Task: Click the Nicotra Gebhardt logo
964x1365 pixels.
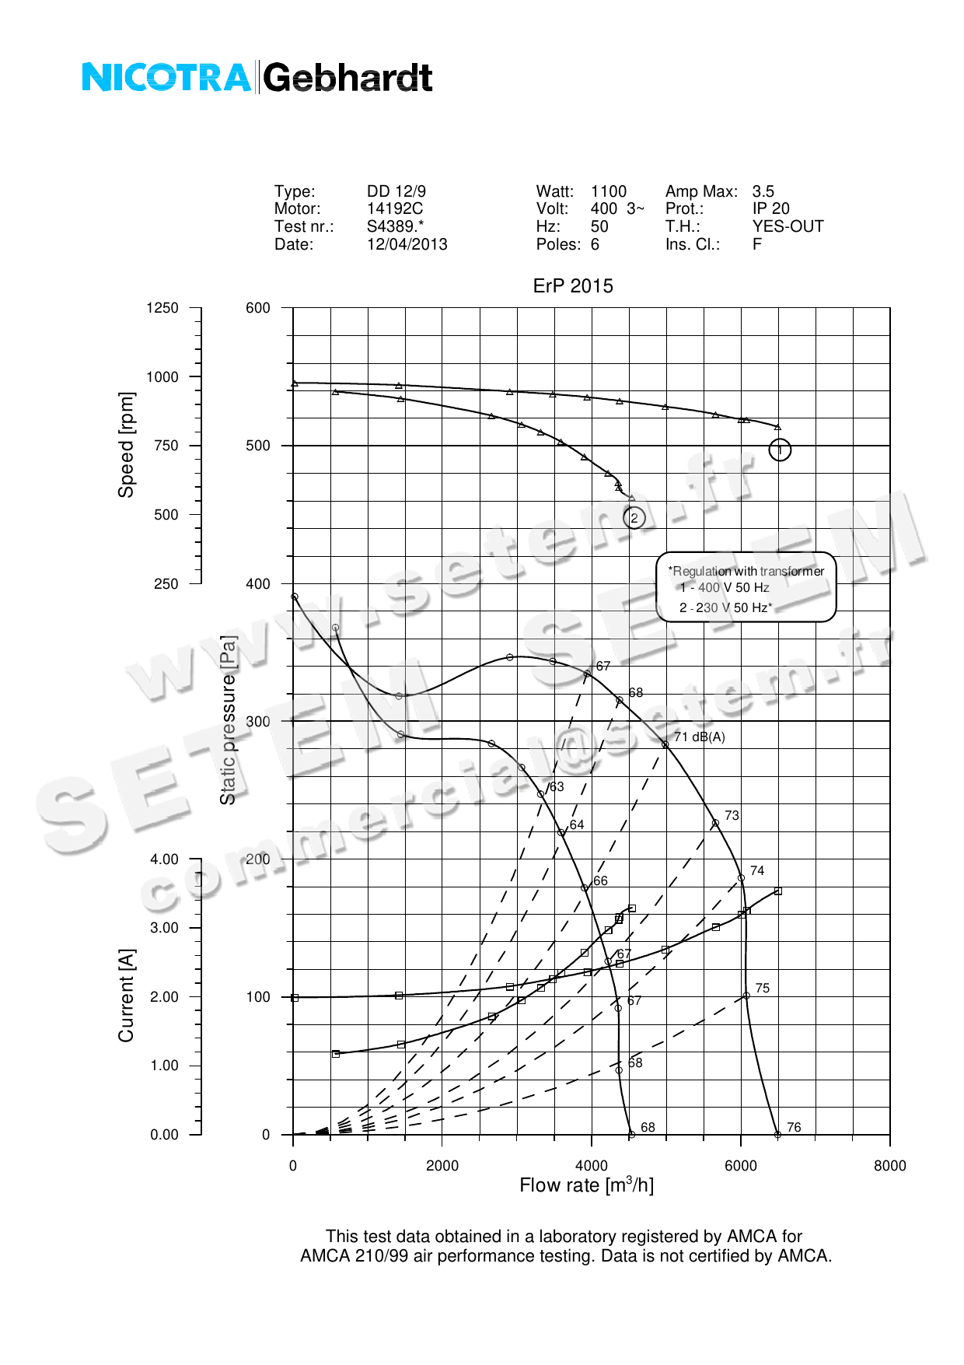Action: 257,78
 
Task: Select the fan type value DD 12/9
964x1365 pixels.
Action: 396,191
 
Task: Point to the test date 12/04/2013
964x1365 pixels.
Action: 407,244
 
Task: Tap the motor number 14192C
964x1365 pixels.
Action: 395,208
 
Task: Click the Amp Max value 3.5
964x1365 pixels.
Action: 763,191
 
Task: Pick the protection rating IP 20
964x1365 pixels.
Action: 771,208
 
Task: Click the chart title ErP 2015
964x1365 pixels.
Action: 573,286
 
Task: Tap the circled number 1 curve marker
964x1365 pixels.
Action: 780,450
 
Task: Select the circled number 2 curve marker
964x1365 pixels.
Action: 634,518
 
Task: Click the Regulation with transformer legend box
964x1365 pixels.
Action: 746,587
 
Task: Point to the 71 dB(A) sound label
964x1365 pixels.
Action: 700,737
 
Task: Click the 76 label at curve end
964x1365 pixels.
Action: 794,1127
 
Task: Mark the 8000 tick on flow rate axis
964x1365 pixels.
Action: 890,1165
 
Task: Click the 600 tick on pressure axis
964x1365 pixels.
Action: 258,308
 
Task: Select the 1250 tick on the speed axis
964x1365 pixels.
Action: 162,308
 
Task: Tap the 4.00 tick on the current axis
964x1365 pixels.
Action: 165,859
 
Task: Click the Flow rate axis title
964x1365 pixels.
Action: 587,1185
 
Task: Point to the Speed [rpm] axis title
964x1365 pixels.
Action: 126,445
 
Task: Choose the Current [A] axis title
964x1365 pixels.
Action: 126,996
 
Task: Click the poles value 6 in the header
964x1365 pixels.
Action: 596,244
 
